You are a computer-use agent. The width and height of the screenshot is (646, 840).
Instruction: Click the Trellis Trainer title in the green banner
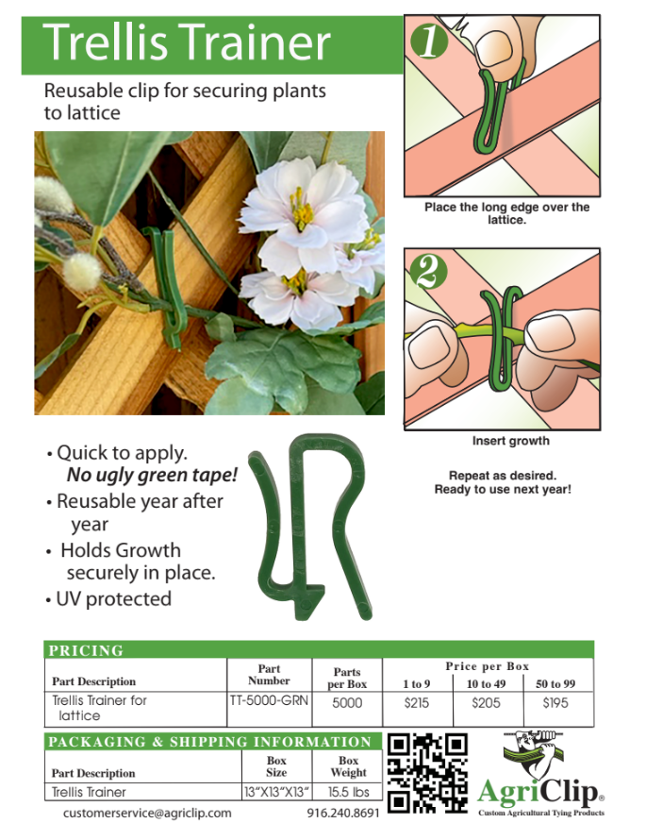188,42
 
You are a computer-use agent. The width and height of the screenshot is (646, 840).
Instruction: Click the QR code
427,772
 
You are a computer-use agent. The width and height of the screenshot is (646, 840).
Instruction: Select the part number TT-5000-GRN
269,702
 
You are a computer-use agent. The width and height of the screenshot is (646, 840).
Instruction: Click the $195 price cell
555,703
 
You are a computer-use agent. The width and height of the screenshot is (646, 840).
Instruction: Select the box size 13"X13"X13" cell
277,792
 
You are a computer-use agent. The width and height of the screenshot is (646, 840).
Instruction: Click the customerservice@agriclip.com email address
147,813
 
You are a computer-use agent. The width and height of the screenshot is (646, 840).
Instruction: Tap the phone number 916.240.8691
343,813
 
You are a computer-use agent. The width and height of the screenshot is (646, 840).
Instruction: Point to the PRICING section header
86,650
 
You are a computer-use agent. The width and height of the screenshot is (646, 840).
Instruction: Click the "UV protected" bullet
113,598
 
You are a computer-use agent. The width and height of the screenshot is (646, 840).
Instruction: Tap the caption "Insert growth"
510,441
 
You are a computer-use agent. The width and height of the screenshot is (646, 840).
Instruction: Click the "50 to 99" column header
555,683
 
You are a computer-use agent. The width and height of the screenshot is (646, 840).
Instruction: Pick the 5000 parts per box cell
347,703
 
